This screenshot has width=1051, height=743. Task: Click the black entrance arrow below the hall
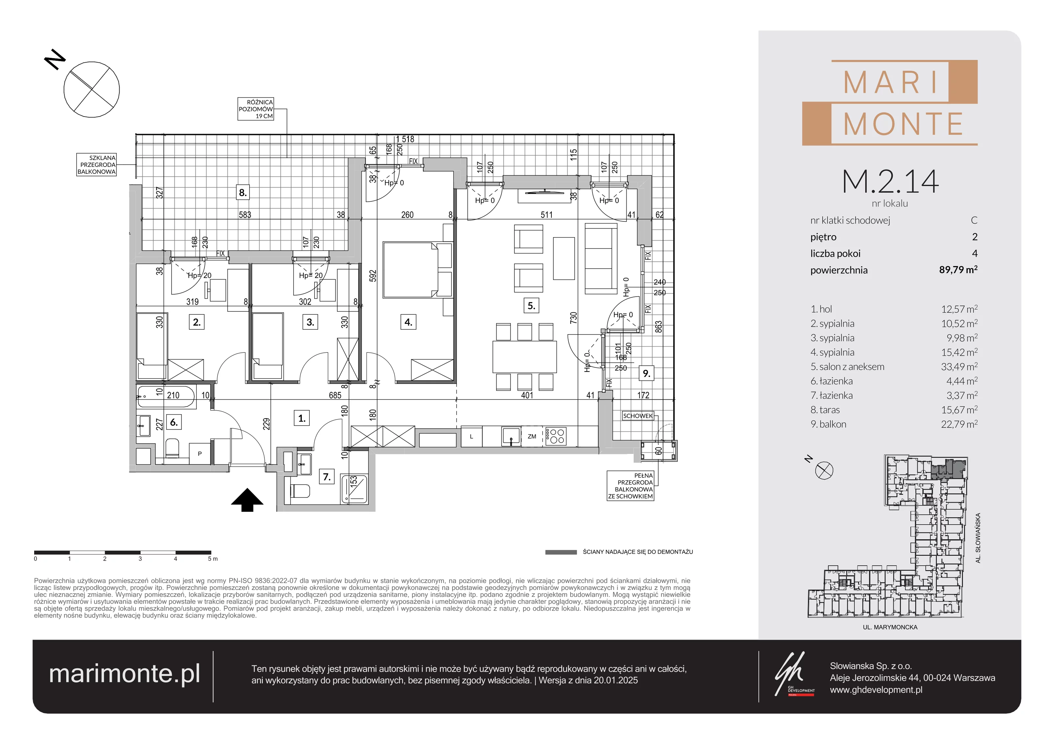[x=247, y=500]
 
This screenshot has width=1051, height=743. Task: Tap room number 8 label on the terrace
[x=243, y=193]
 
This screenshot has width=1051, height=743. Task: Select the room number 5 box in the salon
[x=531, y=306]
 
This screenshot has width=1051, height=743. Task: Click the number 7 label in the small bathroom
[x=327, y=477]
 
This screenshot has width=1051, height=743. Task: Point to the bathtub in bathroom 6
[x=166, y=396]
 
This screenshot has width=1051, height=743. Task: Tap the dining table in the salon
[x=525, y=357]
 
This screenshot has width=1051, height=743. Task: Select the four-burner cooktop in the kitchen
[x=556, y=436]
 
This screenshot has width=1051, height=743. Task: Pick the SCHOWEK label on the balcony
[x=637, y=416]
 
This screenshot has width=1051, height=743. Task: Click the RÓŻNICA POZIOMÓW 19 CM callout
[x=256, y=109]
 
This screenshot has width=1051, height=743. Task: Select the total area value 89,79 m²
[x=958, y=270]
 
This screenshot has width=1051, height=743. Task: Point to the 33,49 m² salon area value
[x=959, y=367]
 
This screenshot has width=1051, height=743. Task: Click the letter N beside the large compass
[x=55, y=59]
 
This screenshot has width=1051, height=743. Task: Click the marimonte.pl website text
[x=124, y=674]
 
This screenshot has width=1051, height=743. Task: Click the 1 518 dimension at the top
[x=405, y=139]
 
